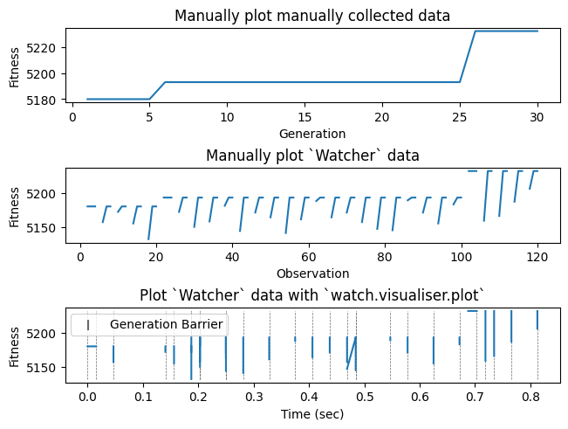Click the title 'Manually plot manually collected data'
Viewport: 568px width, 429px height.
tap(312, 16)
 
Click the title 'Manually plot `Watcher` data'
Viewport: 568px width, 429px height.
tap(312, 156)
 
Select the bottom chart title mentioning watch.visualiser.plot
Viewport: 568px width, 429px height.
tap(312, 295)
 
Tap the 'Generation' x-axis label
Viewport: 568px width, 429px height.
tap(312, 134)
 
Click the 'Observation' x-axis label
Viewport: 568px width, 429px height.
tap(312, 273)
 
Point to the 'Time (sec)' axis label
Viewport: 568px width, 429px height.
tap(312, 413)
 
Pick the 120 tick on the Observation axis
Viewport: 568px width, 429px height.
tap(537, 258)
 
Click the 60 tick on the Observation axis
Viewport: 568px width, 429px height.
tap(309, 258)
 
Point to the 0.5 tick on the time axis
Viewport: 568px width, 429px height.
tap(366, 398)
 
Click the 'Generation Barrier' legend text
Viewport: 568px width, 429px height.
tap(166, 325)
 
